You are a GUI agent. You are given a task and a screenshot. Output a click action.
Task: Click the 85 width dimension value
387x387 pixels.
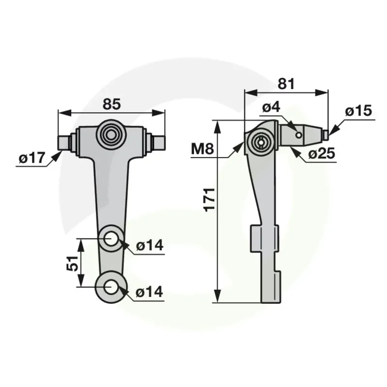point(112,104)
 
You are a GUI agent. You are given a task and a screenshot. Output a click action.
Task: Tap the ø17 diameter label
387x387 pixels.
point(32,158)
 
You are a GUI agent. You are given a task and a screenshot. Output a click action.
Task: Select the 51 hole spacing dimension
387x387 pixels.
point(72,263)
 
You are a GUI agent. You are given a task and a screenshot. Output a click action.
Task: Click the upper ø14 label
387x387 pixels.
point(149,246)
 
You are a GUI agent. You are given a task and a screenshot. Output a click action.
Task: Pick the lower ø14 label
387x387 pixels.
point(149,292)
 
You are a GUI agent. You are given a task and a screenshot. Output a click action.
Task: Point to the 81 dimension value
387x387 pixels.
point(286,84)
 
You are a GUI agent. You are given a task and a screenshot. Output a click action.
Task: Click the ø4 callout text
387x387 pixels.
point(271,107)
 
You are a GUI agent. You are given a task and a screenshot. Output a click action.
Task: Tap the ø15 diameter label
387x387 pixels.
point(358,110)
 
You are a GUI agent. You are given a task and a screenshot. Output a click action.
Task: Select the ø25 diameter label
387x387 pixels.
point(322,154)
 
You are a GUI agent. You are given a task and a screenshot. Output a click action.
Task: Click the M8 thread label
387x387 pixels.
point(203,149)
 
